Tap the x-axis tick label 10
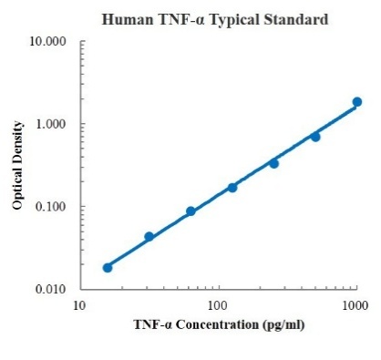80,304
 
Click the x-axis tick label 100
218,304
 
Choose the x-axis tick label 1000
355,304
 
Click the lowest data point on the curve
108,267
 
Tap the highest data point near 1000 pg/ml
356,102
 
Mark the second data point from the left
149,237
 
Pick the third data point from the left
190,211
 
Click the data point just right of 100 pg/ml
232,187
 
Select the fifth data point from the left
273,163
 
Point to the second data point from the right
315,137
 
